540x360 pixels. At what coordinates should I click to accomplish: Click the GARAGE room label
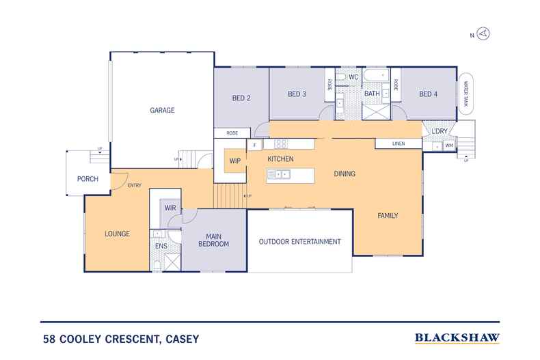pyautogui.click(x=163, y=110)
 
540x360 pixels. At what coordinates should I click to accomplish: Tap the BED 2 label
pyautogui.click(x=240, y=98)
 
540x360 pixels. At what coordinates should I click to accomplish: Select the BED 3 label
pyautogui.click(x=296, y=94)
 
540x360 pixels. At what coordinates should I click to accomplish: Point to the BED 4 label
pyautogui.click(x=428, y=94)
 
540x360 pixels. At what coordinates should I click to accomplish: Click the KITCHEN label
pyautogui.click(x=280, y=159)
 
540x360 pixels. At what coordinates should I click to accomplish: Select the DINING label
pyautogui.click(x=345, y=174)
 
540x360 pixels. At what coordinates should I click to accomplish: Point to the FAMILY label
pyautogui.click(x=388, y=216)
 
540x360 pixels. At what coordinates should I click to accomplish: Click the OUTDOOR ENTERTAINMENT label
pyautogui.click(x=299, y=242)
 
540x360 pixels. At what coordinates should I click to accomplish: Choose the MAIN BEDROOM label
pyautogui.click(x=213, y=240)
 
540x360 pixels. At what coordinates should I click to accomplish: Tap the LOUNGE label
pyautogui.click(x=117, y=234)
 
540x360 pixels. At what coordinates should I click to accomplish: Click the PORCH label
pyautogui.click(x=87, y=179)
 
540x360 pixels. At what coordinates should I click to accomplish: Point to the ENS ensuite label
pyautogui.click(x=161, y=246)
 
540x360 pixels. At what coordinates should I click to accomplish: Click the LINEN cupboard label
pyautogui.click(x=399, y=144)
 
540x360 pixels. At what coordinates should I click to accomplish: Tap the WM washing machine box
pyautogui.click(x=449, y=145)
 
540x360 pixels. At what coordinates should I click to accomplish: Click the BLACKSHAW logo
pyautogui.click(x=457, y=337)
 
